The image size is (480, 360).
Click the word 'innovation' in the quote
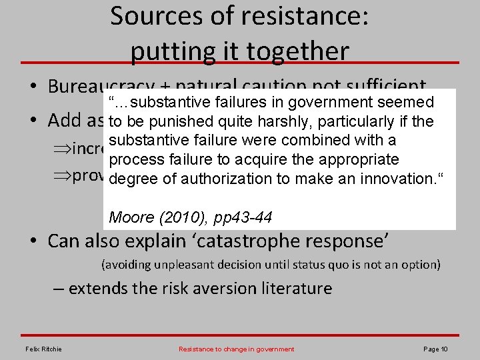point(396,179)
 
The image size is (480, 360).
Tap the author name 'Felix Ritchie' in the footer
point(43,349)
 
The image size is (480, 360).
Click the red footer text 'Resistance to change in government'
point(237,349)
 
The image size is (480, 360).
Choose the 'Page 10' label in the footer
point(435,349)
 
